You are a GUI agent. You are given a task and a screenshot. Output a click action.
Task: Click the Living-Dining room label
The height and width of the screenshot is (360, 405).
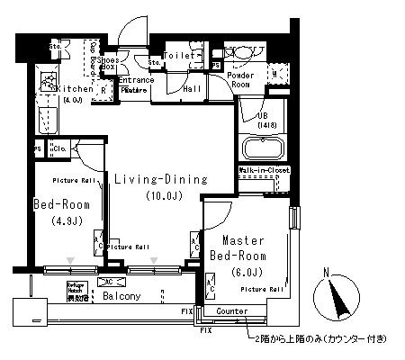160,180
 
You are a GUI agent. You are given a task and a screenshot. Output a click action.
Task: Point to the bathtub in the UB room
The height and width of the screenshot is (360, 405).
263,148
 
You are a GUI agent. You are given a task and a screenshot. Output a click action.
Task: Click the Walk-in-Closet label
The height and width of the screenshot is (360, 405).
263,169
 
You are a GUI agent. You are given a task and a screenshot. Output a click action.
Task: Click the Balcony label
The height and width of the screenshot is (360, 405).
120,295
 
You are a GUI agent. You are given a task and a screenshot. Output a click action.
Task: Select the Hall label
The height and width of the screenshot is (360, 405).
192,90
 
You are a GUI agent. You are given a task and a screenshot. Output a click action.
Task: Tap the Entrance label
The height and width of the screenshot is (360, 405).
135,80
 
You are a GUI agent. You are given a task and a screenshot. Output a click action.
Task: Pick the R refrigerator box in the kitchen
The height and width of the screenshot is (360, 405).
104,90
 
